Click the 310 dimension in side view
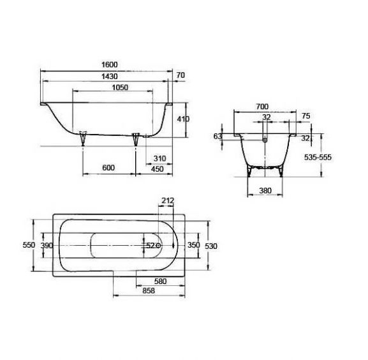159,158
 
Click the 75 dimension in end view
305,117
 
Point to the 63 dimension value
217,136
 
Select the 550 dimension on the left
27,245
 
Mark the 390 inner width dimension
46,245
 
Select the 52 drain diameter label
149,245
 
